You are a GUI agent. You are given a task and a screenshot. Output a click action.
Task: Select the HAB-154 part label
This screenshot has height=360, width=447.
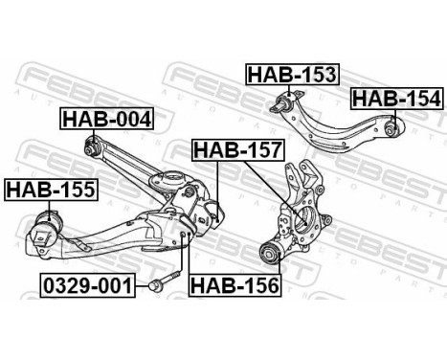(395, 98)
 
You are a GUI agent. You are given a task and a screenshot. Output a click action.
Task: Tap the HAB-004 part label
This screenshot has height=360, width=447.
(107, 119)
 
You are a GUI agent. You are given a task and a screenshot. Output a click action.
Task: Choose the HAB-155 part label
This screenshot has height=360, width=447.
(50, 190)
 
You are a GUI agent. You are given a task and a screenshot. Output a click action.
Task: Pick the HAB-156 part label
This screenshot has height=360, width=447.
(233, 284)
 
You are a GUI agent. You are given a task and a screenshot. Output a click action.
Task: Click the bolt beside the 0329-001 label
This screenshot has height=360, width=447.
(160, 284)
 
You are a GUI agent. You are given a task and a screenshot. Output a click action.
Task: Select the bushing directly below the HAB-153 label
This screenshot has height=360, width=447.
(284, 102)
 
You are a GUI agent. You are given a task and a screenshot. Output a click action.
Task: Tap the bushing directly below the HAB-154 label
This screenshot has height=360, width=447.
(392, 125)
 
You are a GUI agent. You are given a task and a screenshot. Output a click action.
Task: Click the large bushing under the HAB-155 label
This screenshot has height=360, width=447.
(45, 233)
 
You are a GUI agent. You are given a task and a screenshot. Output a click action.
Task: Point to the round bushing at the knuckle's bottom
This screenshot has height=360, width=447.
(272, 254)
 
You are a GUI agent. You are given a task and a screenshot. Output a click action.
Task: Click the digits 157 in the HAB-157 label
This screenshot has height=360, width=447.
(256, 149)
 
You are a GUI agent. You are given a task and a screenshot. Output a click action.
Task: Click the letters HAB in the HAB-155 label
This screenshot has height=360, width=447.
(29, 190)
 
